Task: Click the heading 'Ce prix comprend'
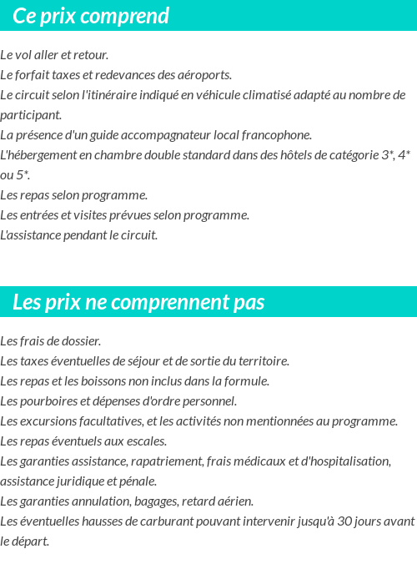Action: [91, 16]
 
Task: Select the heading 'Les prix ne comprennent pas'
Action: [138, 302]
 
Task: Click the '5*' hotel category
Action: [23, 175]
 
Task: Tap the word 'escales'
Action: [146, 441]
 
